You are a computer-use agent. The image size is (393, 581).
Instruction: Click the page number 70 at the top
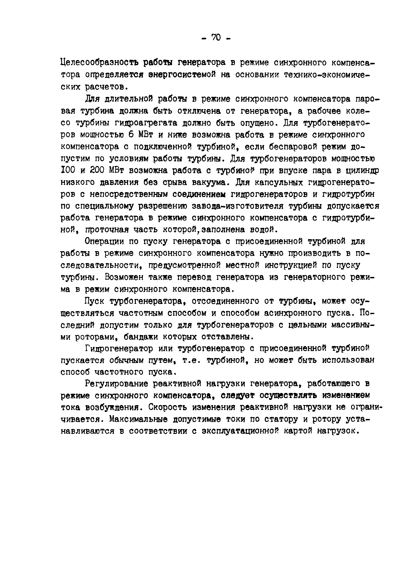(x=216, y=38)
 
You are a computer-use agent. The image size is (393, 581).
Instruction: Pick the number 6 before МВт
(x=131, y=135)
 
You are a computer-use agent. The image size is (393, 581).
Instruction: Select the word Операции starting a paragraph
(x=104, y=241)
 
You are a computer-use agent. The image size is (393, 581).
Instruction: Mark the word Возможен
(x=124, y=277)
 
